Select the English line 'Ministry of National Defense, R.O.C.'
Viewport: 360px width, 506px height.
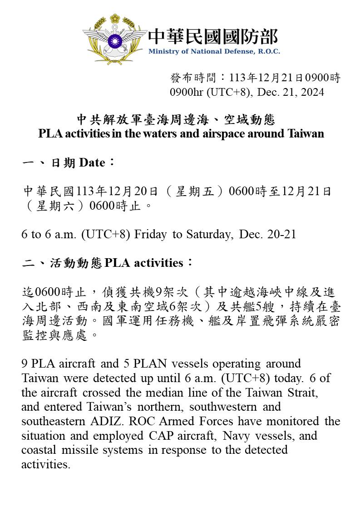(x=214, y=51)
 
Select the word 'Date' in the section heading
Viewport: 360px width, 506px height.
(x=92, y=162)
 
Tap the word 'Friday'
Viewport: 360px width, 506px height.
(x=151, y=234)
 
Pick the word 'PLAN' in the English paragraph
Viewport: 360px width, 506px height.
(x=140, y=364)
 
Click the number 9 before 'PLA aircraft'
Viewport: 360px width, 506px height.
(x=25, y=364)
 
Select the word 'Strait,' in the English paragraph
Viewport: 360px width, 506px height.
(x=302, y=392)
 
